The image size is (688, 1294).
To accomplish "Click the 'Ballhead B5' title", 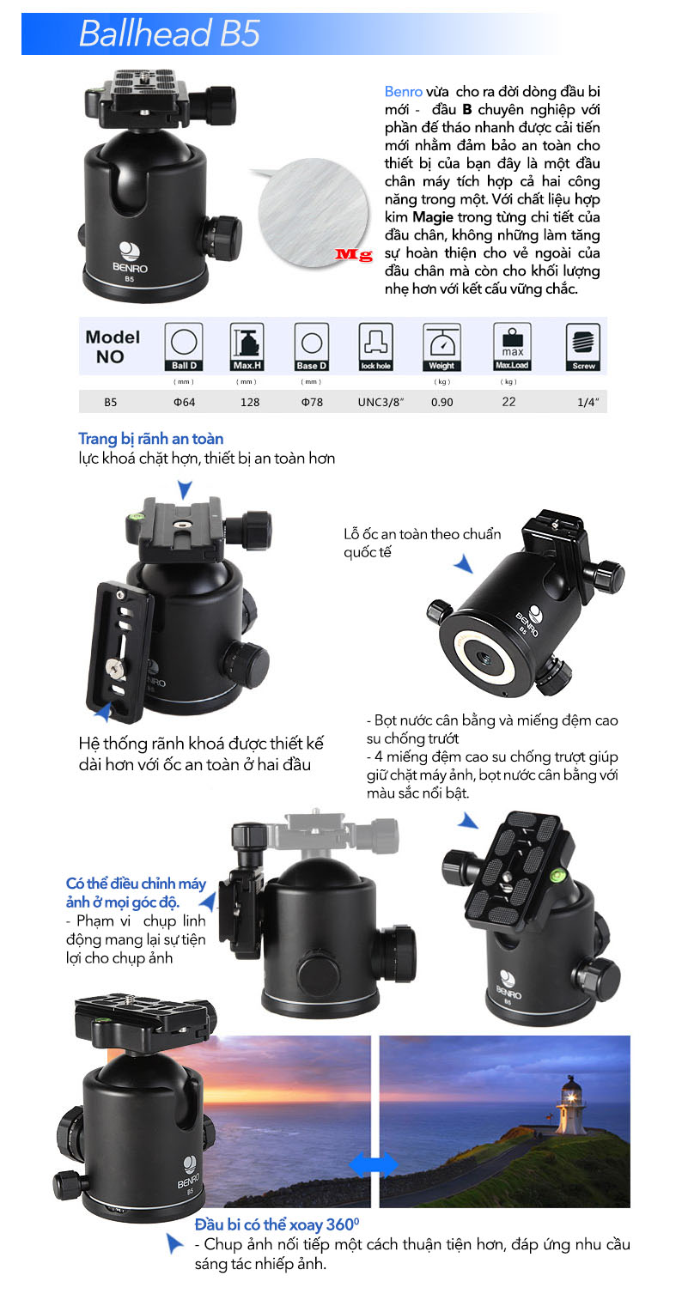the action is click(x=169, y=33).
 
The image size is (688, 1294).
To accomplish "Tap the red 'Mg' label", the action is click(x=354, y=254).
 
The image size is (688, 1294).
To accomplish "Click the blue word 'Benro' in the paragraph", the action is click(x=403, y=91).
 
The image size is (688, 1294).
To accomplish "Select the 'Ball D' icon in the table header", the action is click(x=184, y=347).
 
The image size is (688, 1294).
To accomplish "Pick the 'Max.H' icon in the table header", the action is click(x=247, y=347).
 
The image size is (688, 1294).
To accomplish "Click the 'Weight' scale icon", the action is click(x=441, y=347).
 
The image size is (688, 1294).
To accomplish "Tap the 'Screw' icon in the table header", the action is click(x=583, y=347).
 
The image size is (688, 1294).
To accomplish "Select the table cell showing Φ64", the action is click(x=185, y=402).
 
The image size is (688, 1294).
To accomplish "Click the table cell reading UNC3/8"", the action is click(x=381, y=402).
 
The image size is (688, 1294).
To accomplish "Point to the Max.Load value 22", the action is click(x=508, y=402).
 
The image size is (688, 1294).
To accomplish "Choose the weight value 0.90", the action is click(x=441, y=402).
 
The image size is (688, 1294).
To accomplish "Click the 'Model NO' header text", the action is click(x=112, y=347).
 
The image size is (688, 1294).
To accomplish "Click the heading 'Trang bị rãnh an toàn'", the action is click(x=151, y=439).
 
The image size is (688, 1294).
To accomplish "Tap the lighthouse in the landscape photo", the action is click(x=569, y=1104).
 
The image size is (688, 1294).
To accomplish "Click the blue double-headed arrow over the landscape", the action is click(x=374, y=1163).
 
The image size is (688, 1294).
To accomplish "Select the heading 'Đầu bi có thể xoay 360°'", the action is click(x=277, y=1224).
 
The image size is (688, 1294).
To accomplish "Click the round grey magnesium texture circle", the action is click(x=314, y=212).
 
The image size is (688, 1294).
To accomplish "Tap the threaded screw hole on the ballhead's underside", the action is click(x=483, y=657).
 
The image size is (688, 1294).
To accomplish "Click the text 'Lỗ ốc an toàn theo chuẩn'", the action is click(x=423, y=534).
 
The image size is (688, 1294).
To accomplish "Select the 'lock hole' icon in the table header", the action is click(x=376, y=347).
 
